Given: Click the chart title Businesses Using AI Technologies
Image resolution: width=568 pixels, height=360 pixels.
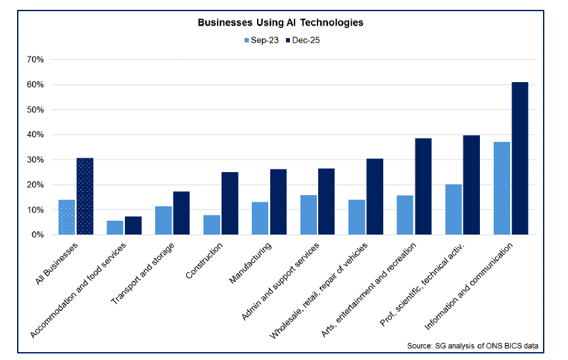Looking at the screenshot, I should tap(281, 22).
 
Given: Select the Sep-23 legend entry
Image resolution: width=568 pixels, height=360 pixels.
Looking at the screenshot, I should tap(261, 39).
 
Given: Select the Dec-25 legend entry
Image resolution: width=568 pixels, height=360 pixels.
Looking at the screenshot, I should tap(303, 39).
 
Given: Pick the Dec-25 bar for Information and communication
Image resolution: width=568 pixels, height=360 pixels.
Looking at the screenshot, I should tap(519, 158).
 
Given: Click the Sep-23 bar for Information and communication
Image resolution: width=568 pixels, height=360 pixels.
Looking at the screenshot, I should tap(502, 189).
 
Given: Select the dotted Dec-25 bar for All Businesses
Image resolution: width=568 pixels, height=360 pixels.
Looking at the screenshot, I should tap(85, 196).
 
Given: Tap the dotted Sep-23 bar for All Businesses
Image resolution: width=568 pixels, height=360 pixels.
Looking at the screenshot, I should tap(67, 217).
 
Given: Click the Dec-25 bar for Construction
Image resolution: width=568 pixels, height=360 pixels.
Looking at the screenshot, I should tap(229, 203).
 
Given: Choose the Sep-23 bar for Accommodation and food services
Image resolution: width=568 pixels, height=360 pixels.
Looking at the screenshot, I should tap(115, 227).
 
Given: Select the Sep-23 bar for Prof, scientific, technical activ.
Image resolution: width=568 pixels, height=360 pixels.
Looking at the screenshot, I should tap(454, 210).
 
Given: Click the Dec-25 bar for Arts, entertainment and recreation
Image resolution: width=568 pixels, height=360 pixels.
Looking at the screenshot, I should tap(423, 187).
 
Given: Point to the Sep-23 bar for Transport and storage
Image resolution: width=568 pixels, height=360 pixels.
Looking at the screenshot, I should tap(164, 220).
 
